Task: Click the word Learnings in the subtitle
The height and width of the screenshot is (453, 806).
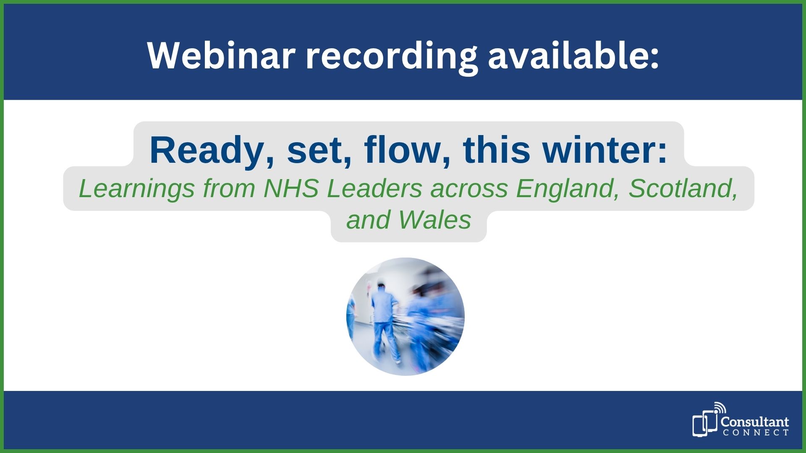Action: tap(137, 189)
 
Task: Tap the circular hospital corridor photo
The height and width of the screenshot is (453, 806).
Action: tap(406, 317)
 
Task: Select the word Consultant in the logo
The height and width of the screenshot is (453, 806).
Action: tap(755, 422)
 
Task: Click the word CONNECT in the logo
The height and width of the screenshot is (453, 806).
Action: tap(756, 432)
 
